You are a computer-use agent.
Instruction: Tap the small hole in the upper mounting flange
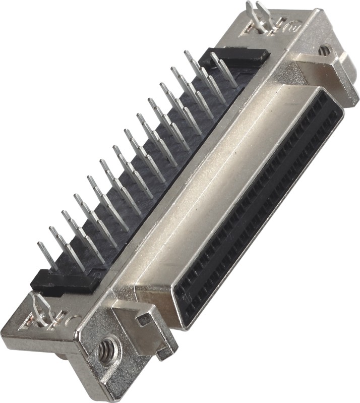(x=325, y=50)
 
